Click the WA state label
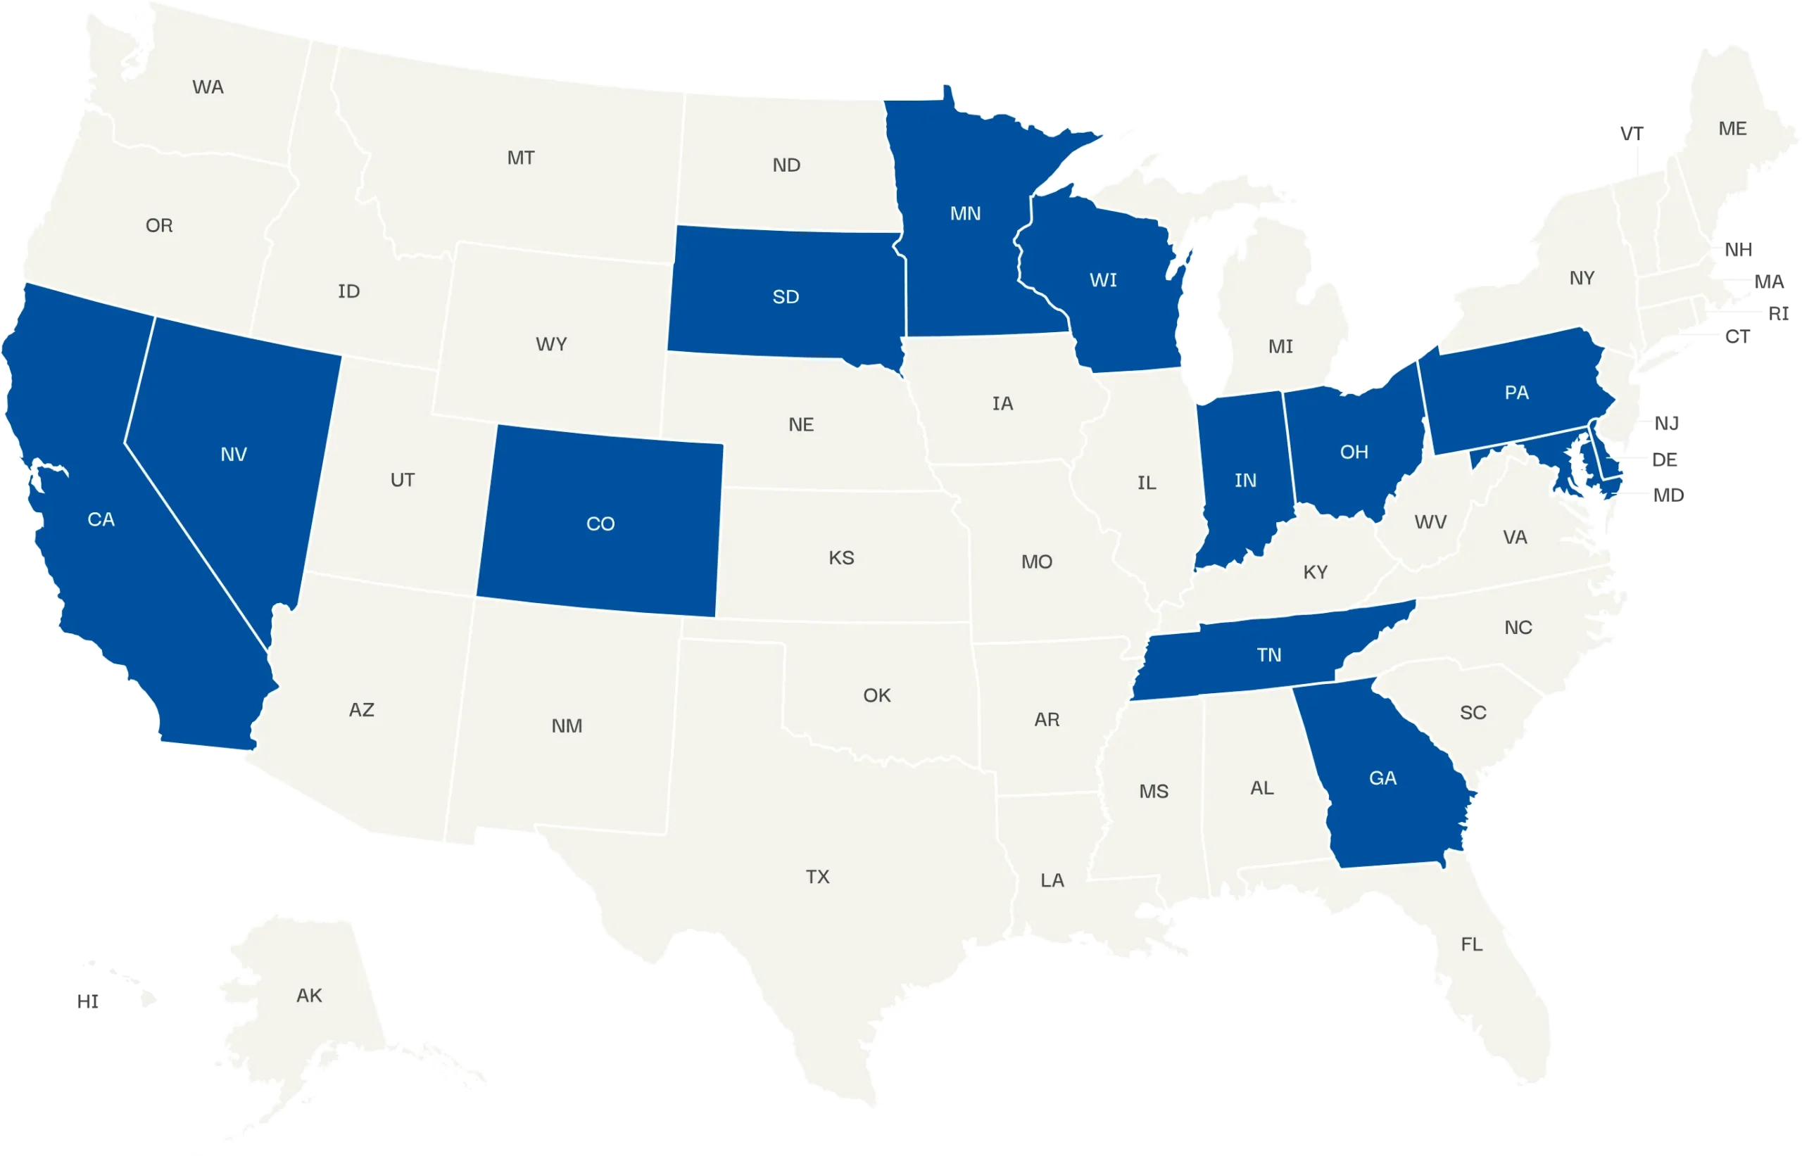208,87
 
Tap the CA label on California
101,519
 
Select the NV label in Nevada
233,455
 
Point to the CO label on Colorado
600,524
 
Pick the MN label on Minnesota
964,213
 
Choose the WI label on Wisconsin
1102,280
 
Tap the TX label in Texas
817,877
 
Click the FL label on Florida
1471,944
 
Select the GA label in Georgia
1382,778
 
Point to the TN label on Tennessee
1269,655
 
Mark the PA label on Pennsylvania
1516,393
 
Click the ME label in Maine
1732,129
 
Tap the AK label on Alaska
309,996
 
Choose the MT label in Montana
520,158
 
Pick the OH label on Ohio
1354,452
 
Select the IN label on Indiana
1245,480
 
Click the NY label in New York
1582,278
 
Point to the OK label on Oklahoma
877,695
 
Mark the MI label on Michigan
1280,347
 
